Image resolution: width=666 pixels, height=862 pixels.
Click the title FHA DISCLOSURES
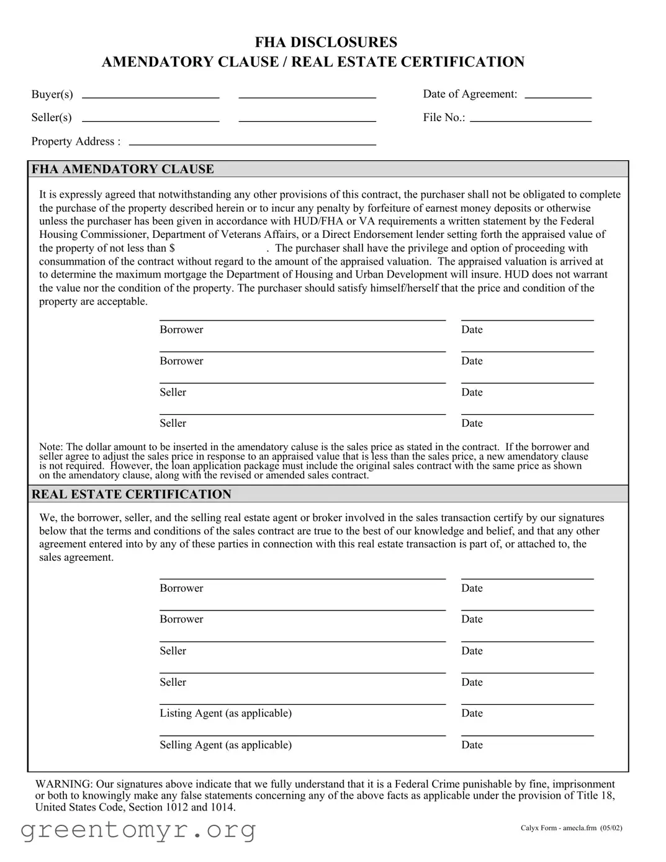326,42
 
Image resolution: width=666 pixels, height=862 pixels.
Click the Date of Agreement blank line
557,98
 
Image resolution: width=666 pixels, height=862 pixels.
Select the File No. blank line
530,120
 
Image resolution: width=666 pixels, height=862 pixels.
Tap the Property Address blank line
252,144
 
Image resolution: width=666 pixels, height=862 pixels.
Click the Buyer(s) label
52,94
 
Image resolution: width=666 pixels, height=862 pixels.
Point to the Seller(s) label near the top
52,118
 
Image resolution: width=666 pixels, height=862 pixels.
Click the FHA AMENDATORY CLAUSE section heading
122,169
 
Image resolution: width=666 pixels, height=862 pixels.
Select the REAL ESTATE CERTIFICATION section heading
131,494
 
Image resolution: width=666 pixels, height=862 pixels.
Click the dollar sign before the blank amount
172,248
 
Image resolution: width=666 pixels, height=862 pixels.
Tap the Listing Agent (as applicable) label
225,713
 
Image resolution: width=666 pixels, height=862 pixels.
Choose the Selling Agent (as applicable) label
225,745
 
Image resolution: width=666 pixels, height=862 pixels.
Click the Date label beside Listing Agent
472,713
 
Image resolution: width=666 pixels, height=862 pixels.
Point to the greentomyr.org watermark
138,830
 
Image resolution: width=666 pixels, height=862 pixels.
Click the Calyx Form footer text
571,828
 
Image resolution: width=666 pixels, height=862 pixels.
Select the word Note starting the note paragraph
51,447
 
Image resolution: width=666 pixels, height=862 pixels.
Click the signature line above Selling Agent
302,735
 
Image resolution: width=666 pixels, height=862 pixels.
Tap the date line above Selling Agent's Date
527,735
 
